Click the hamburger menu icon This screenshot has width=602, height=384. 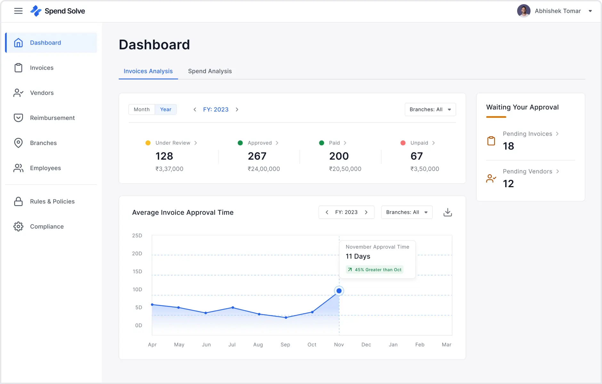pyautogui.click(x=18, y=11)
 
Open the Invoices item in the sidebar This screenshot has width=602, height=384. pyautogui.click(x=42, y=68)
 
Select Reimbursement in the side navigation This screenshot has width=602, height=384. pyautogui.click(x=52, y=118)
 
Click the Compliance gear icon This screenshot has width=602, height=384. pyautogui.click(x=18, y=227)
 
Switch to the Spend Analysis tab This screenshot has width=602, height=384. pyautogui.click(x=210, y=71)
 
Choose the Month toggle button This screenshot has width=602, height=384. pyautogui.click(x=142, y=109)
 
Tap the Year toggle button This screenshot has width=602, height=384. pyautogui.click(x=166, y=109)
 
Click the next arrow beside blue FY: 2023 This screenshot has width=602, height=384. pyautogui.click(x=237, y=109)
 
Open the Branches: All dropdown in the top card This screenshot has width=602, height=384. pyautogui.click(x=430, y=109)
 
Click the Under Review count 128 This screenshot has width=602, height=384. pyautogui.click(x=164, y=156)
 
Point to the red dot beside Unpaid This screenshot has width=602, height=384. pyautogui.click(x=403, y=143)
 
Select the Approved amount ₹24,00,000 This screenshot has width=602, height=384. pyautogui.click(x=264, y=169)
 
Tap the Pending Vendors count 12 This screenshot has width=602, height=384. pyautogui.click(x=508, y=184)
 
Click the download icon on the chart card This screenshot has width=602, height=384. pyautogui.click(x=447, y=212)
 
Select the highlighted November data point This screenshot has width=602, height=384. pyautogui.click(x=339, y=291)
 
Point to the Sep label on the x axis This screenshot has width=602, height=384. pyautogui.click(x=285, y=345)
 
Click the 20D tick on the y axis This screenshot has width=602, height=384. pyautogui.click(x=137, y=253)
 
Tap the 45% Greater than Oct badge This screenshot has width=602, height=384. pyautogui.click(x=374, y=270)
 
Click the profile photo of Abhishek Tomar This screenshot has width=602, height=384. pyautogui.click(x=524, y=11)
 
